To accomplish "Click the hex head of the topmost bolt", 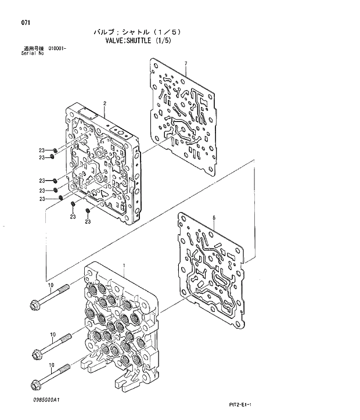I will pyautogui.click(x=35, y=303).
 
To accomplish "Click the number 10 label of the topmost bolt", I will pyautogui.click(x=51, y=285).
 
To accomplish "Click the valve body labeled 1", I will pyautogui.click(x=119, y=325).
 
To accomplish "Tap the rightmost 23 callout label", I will pyautogui.click(x=88, y=221).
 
